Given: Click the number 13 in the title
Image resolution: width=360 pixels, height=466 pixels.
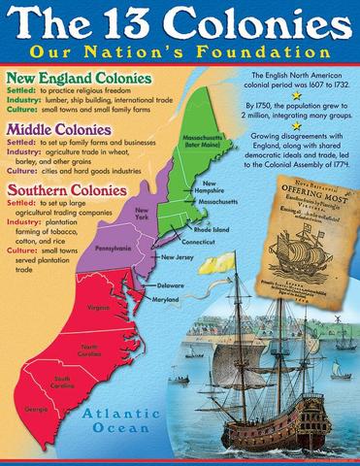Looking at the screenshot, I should click(133, 23).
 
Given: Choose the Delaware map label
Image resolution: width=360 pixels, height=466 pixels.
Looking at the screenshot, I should click(171, 285).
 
